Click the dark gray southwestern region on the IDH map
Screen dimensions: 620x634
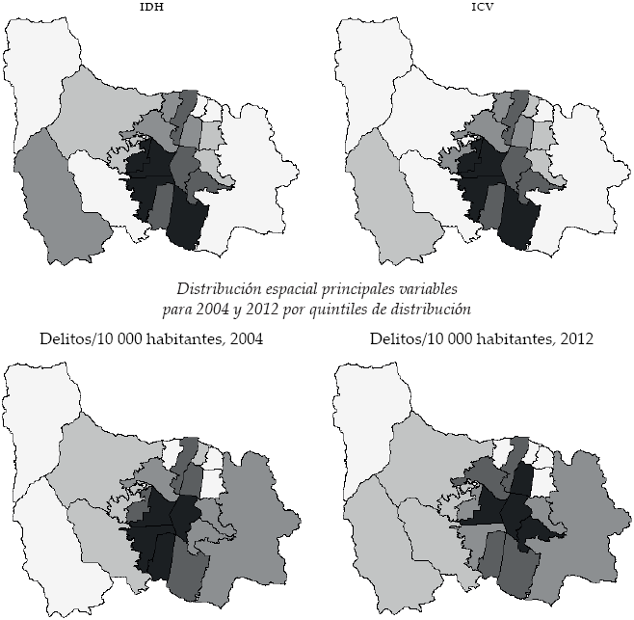pyautogui.click(x=53, y=202)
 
